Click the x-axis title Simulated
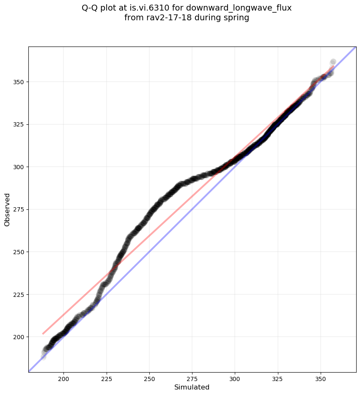[192, 387]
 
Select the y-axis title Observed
[8, 209]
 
